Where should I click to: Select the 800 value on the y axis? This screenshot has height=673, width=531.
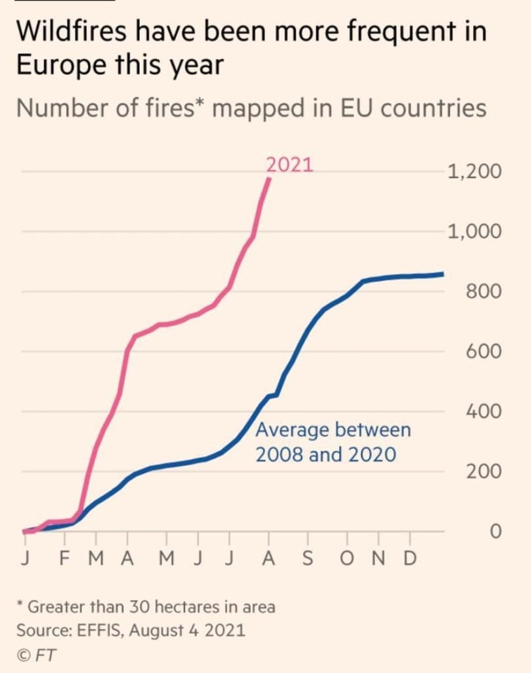483,292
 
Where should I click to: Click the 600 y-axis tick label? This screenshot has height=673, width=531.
483,352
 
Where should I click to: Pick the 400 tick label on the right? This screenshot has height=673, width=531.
483,412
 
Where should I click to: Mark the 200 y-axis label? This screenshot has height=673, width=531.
483,472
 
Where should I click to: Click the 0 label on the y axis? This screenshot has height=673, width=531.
495,532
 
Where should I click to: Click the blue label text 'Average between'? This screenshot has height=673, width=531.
333,431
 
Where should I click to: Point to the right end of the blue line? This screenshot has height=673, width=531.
444,274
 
